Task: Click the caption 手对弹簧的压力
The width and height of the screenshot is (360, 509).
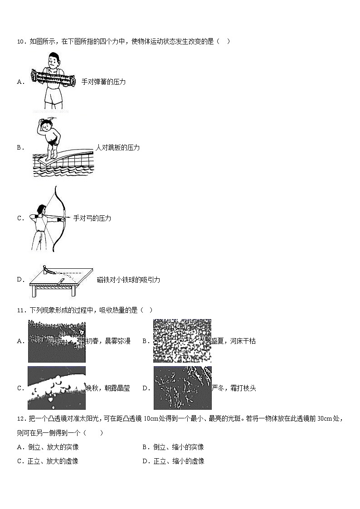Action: (x=103, y=82)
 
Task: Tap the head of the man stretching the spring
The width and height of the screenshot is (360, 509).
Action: (x=54, y=59)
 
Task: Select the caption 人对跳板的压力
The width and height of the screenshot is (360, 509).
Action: (x=118, y=148)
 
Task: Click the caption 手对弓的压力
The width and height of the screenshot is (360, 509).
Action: (x=92, y=218)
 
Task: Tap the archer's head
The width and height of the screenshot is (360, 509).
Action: (x=41, y=209)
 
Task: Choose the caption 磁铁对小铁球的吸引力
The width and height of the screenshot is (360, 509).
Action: (x=128, y=280)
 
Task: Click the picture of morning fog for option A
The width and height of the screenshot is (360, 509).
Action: (x=57, y=341)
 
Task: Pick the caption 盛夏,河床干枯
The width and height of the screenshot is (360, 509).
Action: (x=234, y=341)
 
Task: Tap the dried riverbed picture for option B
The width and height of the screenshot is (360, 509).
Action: (x=182, y=341)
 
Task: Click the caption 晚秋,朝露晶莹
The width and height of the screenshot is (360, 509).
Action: (x=108, y=388)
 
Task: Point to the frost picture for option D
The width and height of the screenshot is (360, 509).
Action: (x=182, y=388)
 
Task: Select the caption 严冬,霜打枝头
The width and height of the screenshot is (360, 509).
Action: (x=234, y=388)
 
